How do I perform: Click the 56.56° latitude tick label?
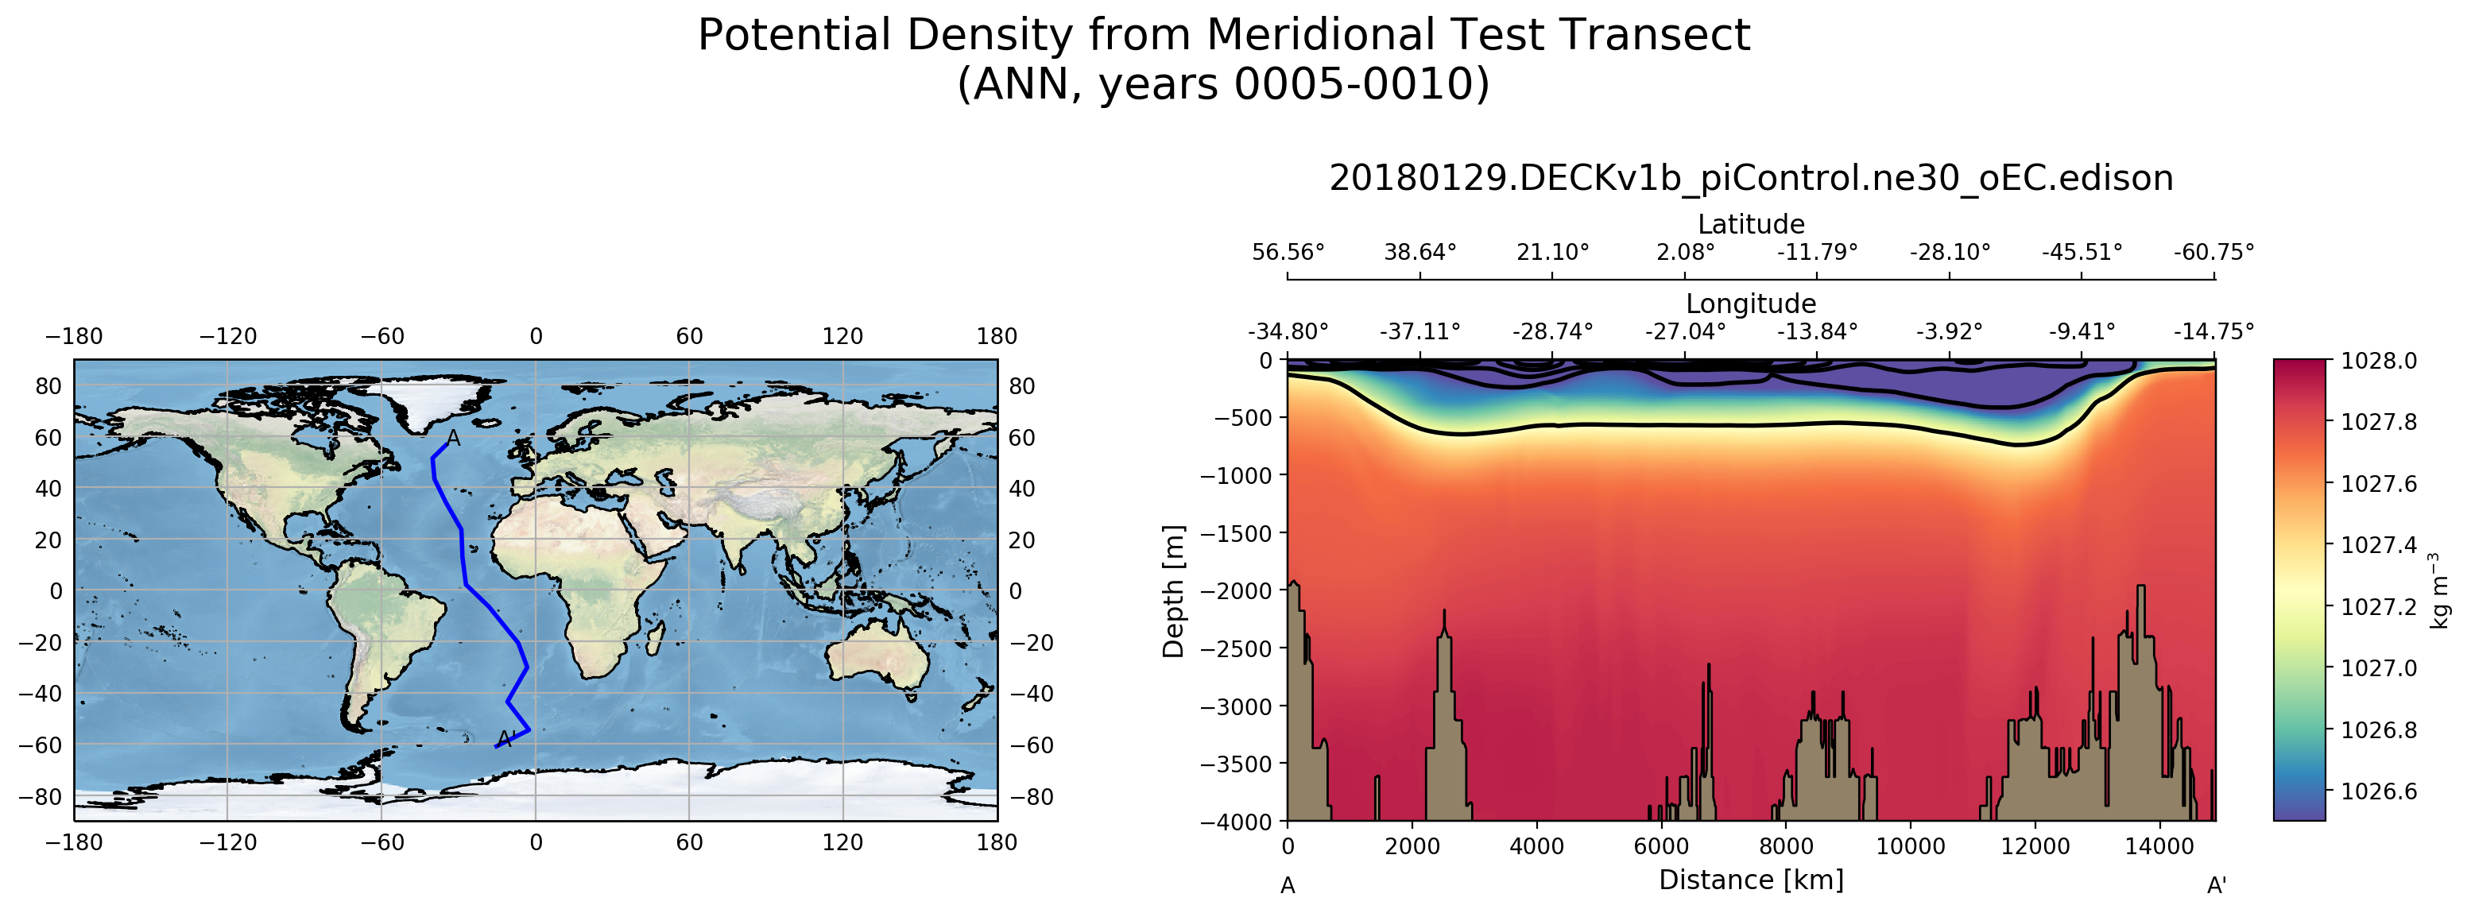[x=1288, y=252]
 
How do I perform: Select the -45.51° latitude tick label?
[x=2082, y=252]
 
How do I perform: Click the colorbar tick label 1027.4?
[x=2379, y=545]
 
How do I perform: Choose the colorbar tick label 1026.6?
[x=2379, y=791]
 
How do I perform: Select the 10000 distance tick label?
[x=1910, y=847]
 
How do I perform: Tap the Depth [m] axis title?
[x=1173, y=590]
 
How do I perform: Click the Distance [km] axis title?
[x=1751, y=880]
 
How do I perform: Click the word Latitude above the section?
[x=1751, y=224]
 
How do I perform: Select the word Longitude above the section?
[x=1751, y=304]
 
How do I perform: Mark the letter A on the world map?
[x=454, y=439]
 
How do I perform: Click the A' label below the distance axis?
[x=2216, y=885]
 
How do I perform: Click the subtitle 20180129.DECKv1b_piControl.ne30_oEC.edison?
[x=1751, y=178]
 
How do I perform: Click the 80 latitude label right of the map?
[x=1021, y=386]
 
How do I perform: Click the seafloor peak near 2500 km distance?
[x=1443, y=613]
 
